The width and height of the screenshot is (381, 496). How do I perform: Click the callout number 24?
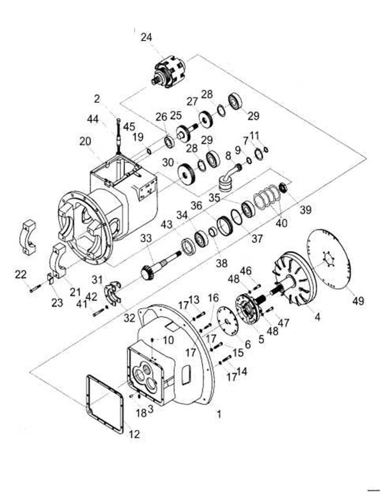coord(146,37)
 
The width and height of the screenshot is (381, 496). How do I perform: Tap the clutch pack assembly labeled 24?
coord(168,72)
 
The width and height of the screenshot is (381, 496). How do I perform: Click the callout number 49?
coord(358,301)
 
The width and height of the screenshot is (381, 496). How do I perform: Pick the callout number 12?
coord(134,434)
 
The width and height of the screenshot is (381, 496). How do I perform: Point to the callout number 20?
coord(85,142)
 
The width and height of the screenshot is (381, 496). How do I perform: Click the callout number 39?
coord(305,209)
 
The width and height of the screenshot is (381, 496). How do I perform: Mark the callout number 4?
coord(317,317)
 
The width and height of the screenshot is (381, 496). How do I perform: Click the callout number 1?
coord(218,414)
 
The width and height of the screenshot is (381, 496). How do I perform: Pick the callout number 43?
coord(166,224)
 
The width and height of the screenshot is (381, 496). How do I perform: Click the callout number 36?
coord(196,205)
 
